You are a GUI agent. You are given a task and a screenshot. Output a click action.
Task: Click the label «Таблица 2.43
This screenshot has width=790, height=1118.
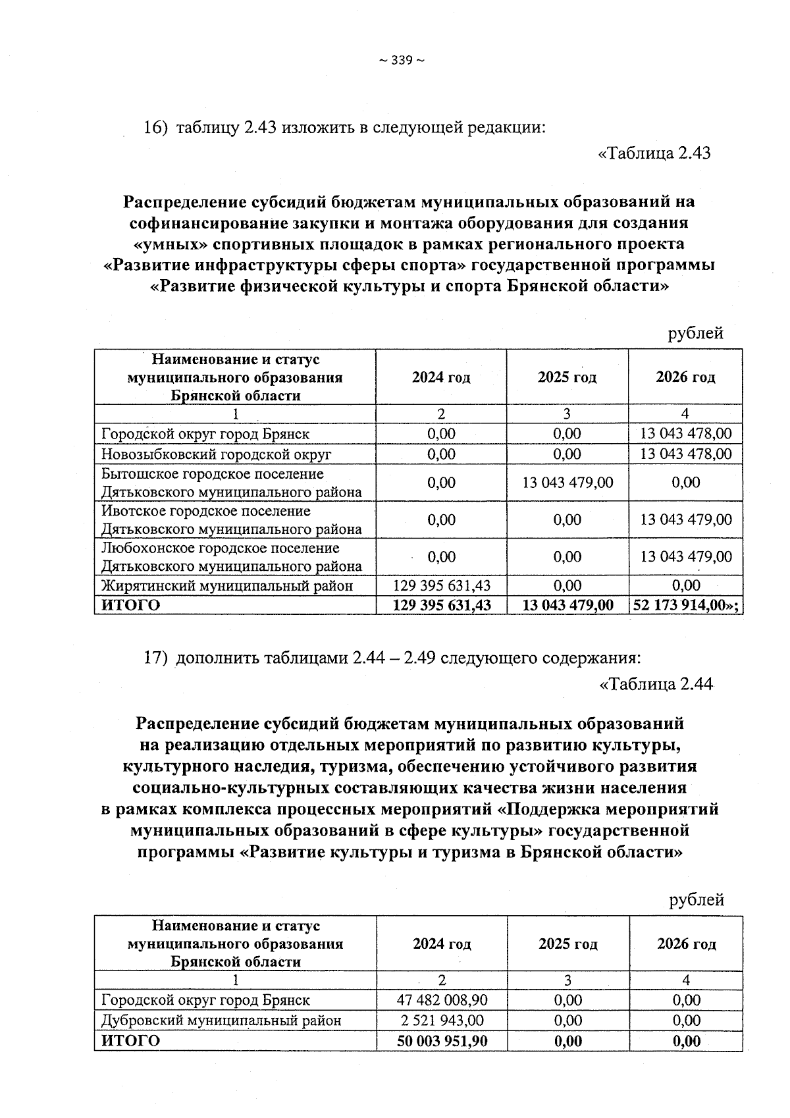(x=654, y=153)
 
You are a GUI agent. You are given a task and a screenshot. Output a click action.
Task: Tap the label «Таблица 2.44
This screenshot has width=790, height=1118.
(x=656, y=684)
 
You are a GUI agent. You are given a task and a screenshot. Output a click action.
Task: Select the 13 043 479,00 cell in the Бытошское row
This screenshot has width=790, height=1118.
(x=567, y=483)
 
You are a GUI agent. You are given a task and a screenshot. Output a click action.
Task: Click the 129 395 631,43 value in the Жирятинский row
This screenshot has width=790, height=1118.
(x=441, y=585)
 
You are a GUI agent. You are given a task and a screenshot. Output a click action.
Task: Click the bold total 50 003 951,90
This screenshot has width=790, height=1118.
(x=442, y=1041)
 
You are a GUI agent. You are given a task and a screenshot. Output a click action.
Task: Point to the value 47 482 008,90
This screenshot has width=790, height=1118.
(x=442, y=1000)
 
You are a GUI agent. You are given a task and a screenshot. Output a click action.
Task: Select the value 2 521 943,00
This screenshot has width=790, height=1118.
(x=442, y=1021)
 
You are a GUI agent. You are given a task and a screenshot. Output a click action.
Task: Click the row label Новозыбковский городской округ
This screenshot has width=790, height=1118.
(x=216, y=454)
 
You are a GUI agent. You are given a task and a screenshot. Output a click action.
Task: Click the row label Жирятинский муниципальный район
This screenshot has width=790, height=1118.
(x=226, y=585)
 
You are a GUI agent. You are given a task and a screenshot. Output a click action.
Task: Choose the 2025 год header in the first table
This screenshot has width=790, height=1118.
(x=567, y=377)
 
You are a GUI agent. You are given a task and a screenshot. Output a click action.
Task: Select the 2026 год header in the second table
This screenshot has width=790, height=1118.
(x=686, y=944)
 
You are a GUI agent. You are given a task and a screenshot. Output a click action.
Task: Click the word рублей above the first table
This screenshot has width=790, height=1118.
(x=696, y=333)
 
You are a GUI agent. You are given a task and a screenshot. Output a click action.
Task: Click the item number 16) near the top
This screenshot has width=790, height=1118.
(x=156, y=127)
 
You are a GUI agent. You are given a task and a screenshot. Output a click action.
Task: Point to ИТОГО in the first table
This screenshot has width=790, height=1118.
(x=131, y=605)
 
